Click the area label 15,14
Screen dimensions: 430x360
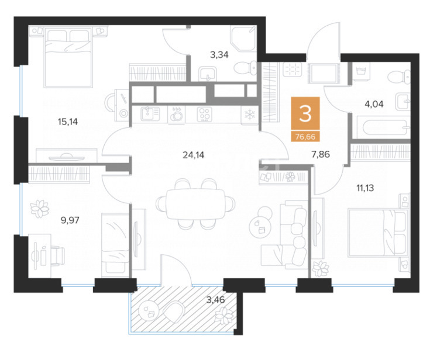68,122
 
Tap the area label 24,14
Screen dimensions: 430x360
193,155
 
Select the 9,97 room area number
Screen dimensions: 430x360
70,220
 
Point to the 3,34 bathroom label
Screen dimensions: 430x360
219,55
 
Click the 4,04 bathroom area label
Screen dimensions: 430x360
374,104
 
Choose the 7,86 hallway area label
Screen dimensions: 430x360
321,154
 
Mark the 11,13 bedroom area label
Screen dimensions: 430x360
365,188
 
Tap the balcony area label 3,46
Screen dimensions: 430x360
215,300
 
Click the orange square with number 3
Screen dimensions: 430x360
305,113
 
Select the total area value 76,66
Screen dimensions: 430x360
305,136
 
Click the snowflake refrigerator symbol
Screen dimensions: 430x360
250,115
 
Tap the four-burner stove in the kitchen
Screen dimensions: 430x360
205,114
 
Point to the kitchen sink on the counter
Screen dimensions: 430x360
150,114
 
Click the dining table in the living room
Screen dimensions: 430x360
196,204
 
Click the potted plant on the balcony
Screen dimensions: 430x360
224,315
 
